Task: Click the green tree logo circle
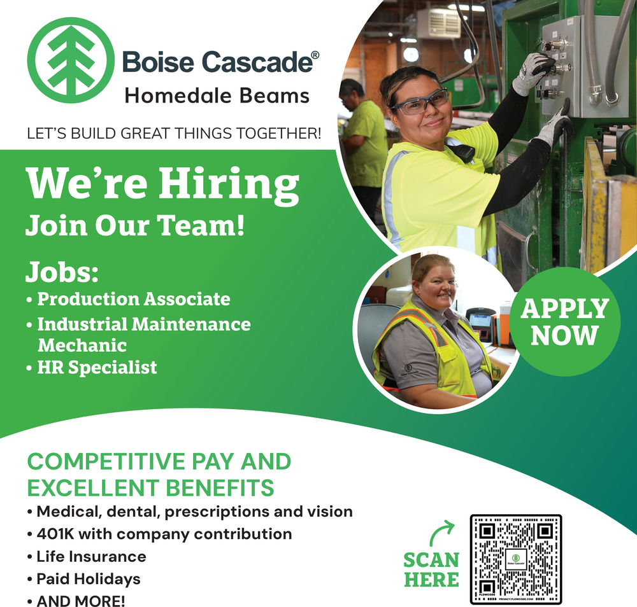71,60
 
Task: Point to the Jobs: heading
62,272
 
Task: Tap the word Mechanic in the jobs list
82,345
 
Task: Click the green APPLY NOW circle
565,321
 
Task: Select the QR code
516,559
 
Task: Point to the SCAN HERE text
431,569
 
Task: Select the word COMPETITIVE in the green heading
106,462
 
